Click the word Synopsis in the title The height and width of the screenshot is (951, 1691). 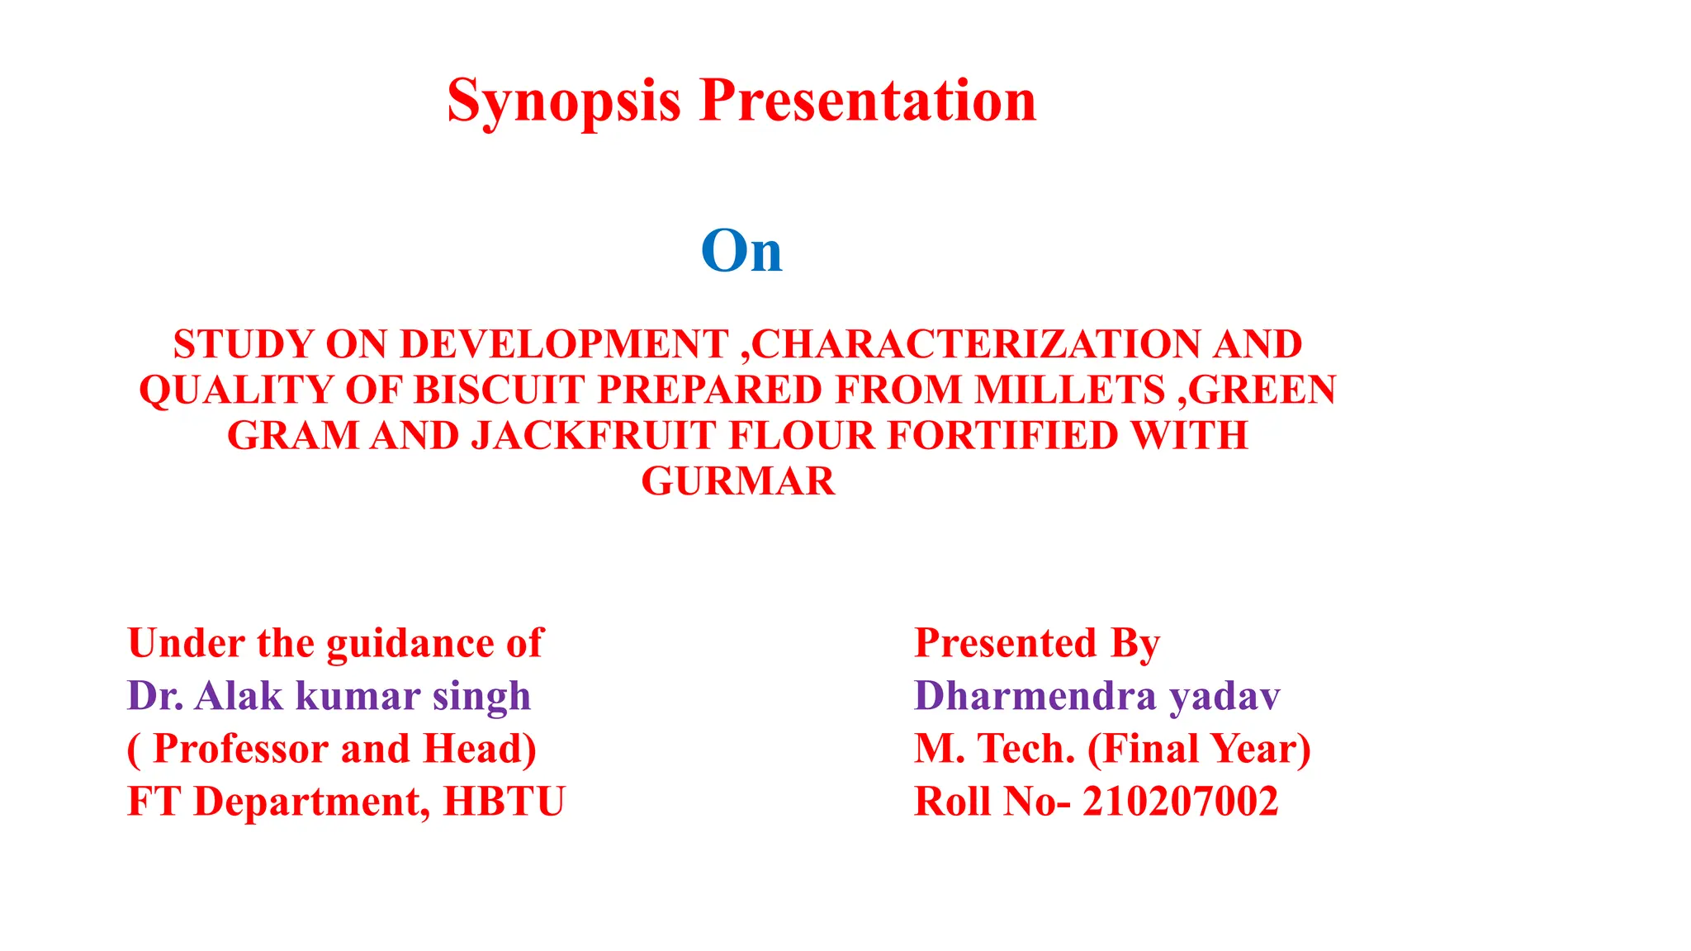point(564,101)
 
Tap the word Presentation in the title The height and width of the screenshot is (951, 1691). point(868,101)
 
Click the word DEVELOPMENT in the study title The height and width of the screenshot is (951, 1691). point(564,344)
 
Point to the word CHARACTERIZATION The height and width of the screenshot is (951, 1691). point(976,344)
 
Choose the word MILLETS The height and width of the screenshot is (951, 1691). point(1069,390)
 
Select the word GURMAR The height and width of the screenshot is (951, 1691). point(738,480)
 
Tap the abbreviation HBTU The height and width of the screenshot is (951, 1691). point(504,802)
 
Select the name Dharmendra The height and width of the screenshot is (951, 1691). point(1035,696)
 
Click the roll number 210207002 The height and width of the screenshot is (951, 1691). point(1180,802)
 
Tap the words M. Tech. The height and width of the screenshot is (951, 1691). point(994,749)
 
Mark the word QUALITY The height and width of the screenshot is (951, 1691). point(236,390)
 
